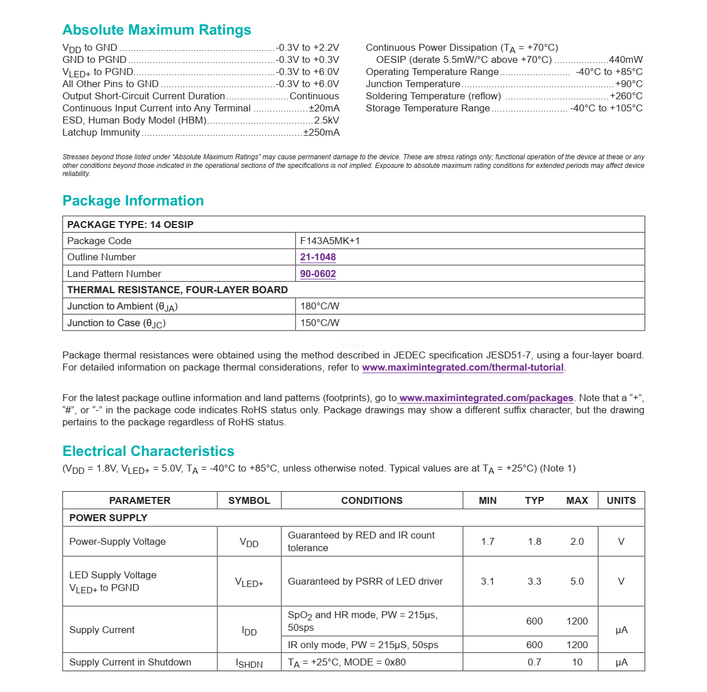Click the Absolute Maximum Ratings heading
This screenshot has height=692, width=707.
click(x=157, y=30)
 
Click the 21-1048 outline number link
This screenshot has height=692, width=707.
click(x=318, y=257)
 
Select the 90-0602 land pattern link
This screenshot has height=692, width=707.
click(x=318, y=274)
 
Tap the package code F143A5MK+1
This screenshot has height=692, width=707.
click(x=330, y=241)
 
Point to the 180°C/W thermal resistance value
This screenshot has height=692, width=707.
click(x=319, y=306)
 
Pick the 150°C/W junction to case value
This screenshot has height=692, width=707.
click(x=319, y=323)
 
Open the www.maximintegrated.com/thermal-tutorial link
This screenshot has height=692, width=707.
click(x=463, y=367)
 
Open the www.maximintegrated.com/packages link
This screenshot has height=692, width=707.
click(x=486, y=398)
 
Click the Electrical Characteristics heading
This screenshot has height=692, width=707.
click(x=148, y=451)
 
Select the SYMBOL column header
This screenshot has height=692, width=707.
click(x=249, y=500)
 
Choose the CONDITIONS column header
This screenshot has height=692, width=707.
click(x=371, y=500)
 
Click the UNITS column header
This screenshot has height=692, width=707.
click(x=621, y=500)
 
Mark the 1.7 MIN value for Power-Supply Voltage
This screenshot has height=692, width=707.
click(x=488, y=541)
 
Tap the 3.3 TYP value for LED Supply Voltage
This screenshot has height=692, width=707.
click(x=534, y=581)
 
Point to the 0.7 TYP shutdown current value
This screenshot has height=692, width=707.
click(x=534, y=662)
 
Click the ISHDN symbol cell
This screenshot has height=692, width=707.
click(x=249, y=663)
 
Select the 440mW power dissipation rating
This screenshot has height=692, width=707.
click(x=626, y=59)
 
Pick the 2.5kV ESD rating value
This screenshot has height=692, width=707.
click(x=326, y=120)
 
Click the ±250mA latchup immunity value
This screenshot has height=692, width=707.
click(x=322, y=132)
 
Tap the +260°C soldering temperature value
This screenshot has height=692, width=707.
click(x=626, y=96)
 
